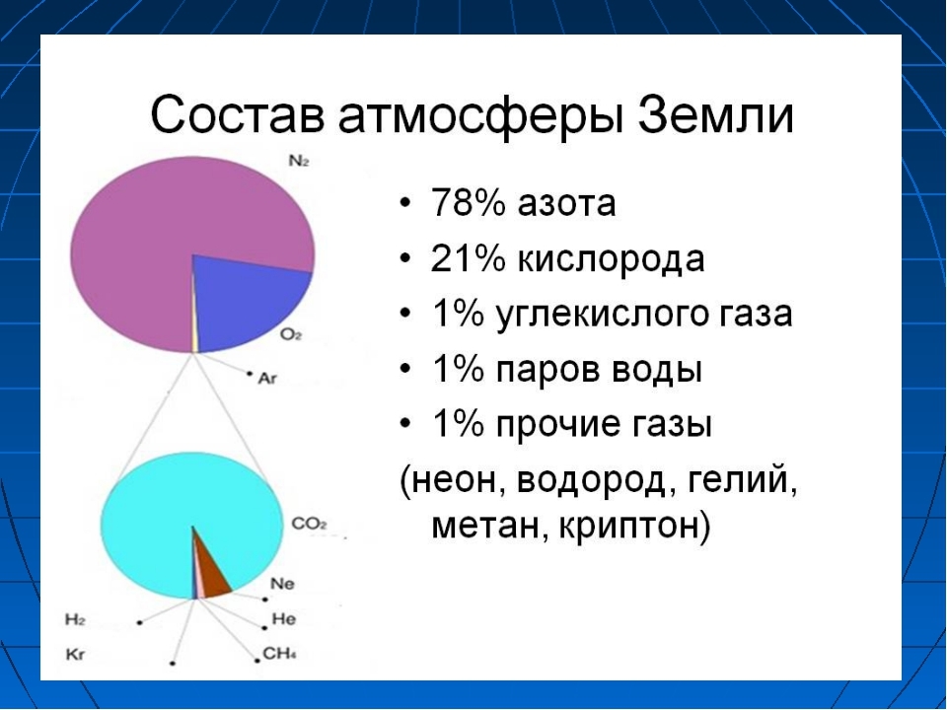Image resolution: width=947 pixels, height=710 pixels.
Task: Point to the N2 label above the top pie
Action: coord(299,161)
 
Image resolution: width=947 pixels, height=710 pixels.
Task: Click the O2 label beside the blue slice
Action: coord(291,334)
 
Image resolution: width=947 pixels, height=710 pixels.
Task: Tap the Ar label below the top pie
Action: coord(267,378)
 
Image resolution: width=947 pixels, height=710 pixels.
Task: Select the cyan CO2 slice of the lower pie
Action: coord(182,513)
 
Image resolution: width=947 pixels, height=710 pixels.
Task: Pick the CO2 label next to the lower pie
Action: coord(309,524)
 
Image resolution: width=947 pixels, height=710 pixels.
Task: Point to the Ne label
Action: coord(283,584)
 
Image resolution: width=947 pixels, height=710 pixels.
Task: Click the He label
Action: coord(284,619)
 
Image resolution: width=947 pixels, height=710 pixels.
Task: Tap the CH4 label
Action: coord(279,654)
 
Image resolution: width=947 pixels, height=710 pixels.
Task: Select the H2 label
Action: coord(75,619)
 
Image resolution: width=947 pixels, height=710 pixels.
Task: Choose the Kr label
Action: coord(75,655)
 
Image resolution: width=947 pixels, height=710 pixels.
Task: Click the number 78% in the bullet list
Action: coord(468,203)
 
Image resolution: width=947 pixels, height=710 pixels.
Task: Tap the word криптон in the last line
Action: coord(628,527)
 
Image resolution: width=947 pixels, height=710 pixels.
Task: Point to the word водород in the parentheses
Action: coord(592,482)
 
